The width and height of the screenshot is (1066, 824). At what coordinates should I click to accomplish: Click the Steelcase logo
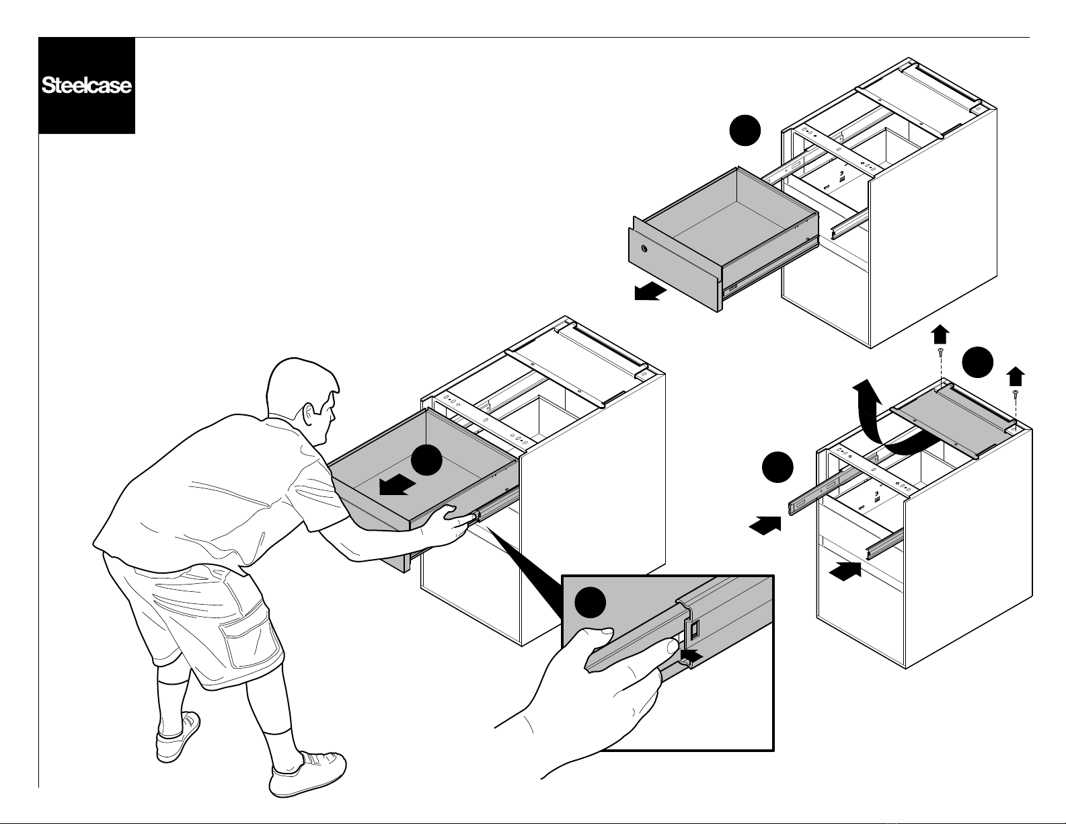87,85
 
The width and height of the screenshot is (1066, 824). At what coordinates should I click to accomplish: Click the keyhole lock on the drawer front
644,249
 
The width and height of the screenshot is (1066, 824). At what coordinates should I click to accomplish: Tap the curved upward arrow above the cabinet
890,422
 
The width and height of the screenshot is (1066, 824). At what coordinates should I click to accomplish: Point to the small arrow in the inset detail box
691,654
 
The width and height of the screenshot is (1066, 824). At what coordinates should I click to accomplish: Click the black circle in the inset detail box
590,603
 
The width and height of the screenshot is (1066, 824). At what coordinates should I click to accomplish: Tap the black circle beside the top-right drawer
745,130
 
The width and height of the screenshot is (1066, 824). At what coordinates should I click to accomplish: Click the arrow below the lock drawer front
650,293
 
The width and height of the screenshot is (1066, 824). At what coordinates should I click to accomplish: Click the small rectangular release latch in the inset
694,630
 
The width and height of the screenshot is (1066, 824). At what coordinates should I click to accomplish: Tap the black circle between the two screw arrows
977,363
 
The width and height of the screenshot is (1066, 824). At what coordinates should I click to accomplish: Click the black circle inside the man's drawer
426,460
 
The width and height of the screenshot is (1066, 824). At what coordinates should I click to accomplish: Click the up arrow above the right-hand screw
1015,376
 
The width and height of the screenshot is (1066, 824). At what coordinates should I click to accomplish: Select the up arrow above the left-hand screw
940,334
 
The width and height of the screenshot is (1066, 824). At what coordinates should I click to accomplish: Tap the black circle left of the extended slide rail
777,467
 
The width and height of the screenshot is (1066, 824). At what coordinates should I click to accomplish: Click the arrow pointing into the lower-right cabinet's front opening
844,571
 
